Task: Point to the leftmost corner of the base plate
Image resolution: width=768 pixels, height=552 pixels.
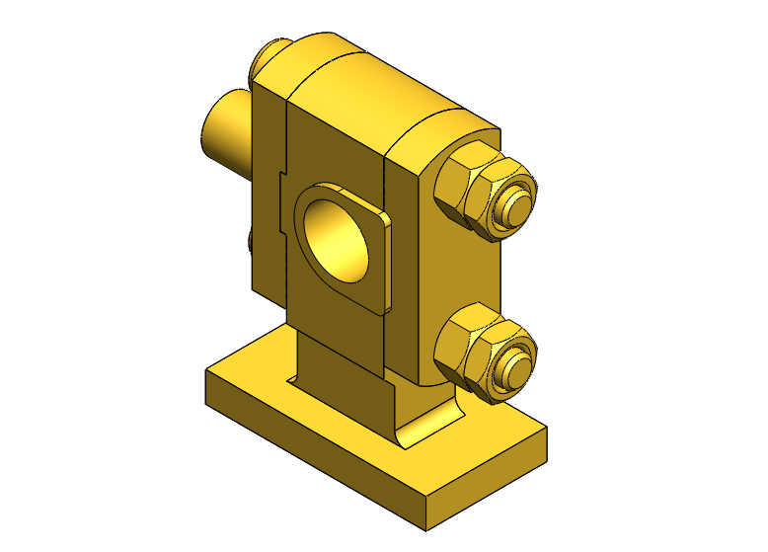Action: [204, 373]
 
